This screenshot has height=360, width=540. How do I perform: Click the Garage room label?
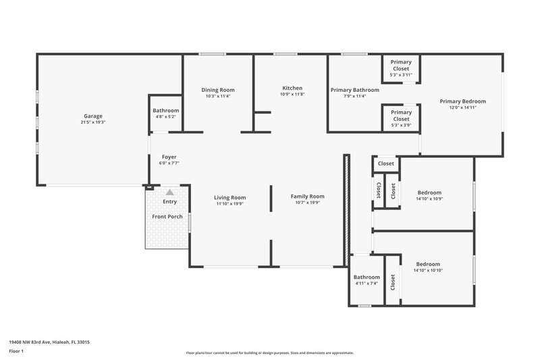pyautogui.click(x=93, y=115)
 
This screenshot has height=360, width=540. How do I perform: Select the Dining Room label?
pyautogui.click(x=218, y=90)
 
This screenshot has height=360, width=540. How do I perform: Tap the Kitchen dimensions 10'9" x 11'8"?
pyautogui.click(x=292, y=95)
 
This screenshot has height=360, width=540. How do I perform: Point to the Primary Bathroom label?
pyautogui.click(x=354, y=90)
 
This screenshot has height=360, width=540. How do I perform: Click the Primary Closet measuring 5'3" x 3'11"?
pyautogui.click(x=401, y=66)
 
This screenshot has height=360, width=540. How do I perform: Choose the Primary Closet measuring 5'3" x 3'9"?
pyautogui.click(x=401, y=115)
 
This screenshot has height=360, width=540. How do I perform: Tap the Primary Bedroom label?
pyautogui.click(x=462, y=101)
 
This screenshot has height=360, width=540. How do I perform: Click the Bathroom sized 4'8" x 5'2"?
pyautogui.click(x=165, y=111)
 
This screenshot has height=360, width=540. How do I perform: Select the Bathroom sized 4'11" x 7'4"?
pyautogui.click(x=367, y=277)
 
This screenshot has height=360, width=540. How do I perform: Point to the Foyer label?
pyautogui.click(x=169, y=157)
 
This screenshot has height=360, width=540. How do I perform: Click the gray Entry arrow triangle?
pyautogui.click(x=169, y=192)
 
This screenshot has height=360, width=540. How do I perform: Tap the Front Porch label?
pyautogui.click(x=167, y=216)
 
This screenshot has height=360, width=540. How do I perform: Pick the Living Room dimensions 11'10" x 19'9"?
pyautogui.click(x=230, y=203)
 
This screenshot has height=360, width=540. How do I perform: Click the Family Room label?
pyautogui.click(x=308, y=197)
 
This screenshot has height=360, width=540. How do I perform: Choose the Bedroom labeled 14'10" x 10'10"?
pyautogui.click(x=428, y=264)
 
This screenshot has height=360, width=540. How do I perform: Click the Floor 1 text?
pyautogui.click(x=16, y=351)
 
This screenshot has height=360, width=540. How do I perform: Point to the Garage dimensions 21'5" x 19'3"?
pyautogui.click(x=93, y=122)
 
